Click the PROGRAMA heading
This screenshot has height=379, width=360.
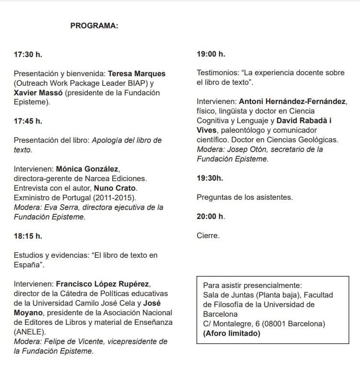tap(94, 26)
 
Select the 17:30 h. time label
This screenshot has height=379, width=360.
tap(28, 54)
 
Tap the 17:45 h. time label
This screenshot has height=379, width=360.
tap(28, 121)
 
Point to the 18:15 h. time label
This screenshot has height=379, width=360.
tap(28, 236)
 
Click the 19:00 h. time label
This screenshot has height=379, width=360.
tap(211, 54)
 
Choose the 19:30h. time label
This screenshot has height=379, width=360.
tap(210, 178)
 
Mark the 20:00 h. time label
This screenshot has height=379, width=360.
tap(211, 216)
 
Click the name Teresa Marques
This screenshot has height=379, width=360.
tap(137, 74)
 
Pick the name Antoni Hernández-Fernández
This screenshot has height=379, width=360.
tap(293, 102)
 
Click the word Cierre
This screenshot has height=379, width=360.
tap(209, 235)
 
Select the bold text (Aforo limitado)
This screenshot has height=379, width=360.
tap(232, 333)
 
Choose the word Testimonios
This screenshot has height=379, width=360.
tap(218, 73)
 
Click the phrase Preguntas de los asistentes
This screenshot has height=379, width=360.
tap(245, 197)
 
